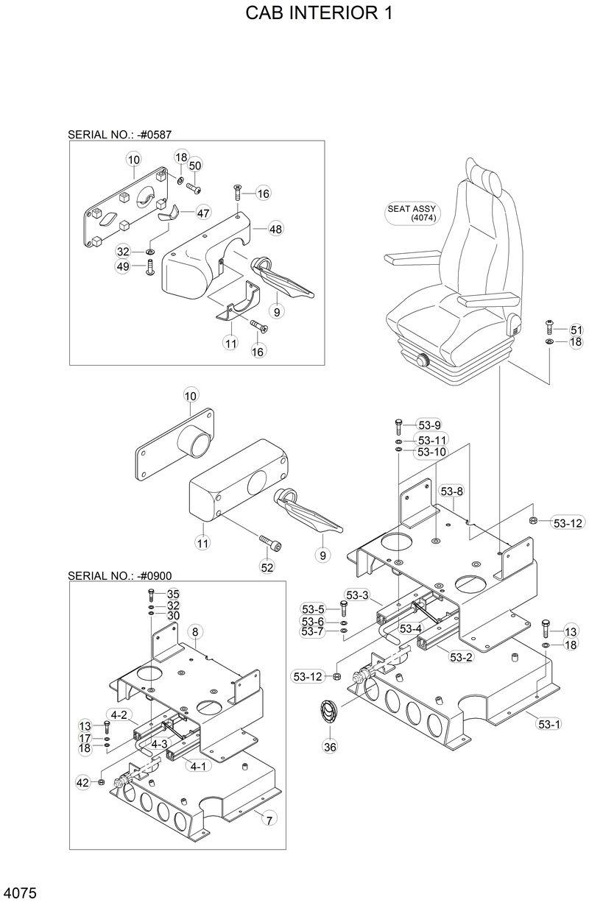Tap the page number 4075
point(20,893)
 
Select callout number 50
point(195,166)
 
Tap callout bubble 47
point(202,213)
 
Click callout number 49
point(123,266)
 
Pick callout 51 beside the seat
point(576,330)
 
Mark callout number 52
point(267,567)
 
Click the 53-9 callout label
point(429,425)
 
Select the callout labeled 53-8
point(452,491)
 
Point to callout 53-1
point(549,724)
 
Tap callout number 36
point(329,747)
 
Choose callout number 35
point(173,594)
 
